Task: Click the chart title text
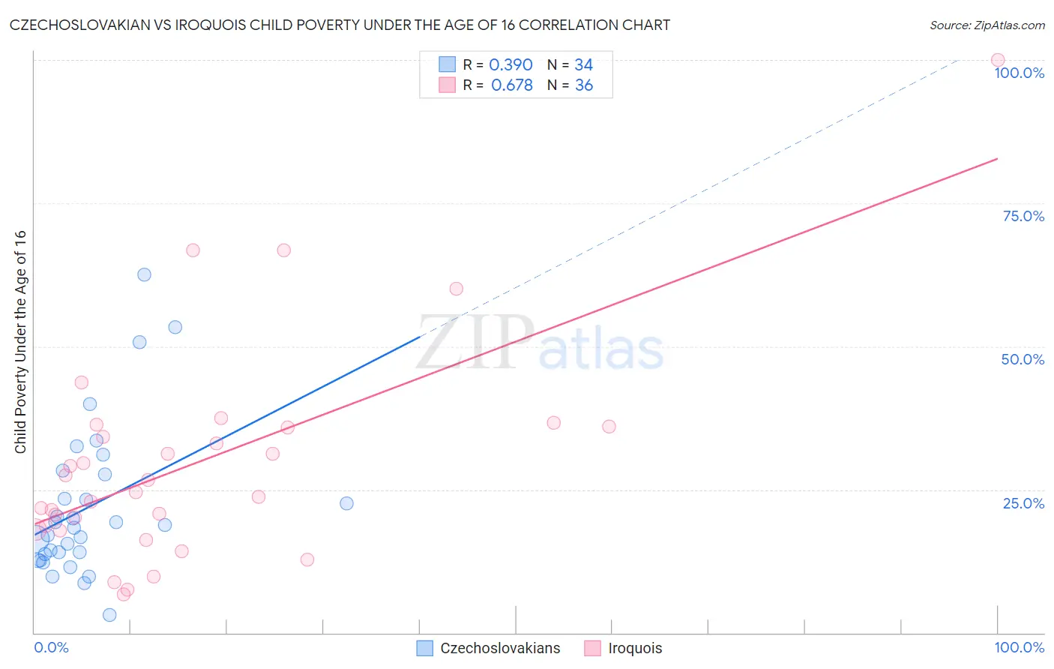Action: [340, 25]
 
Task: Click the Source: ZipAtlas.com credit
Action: [987, 25]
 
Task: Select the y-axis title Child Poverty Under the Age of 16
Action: [20, 341]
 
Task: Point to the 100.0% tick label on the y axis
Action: [1019, 73]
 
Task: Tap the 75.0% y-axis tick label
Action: [1023, 216]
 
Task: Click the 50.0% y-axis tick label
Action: [1023, 359]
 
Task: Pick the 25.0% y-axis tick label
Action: [1023, 502]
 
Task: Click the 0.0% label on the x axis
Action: [51, 647]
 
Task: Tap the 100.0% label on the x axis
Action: [1019, 647]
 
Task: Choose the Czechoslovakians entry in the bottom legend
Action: [489, 648]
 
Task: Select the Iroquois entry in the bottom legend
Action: [624, 648]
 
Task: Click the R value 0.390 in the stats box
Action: [511, 65]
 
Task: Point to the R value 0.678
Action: [512, 85]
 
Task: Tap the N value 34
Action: [583, 65]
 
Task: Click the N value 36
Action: [584, 85]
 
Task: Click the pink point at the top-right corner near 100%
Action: [998, 60]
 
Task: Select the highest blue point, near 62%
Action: [145, 274]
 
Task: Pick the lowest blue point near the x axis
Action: [109, 615]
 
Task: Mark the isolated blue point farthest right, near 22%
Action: [346, 503]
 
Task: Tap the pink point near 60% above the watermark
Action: [456, 289]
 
